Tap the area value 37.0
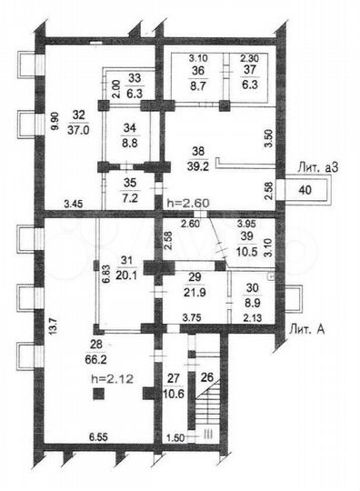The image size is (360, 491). [x=78, y=131]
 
